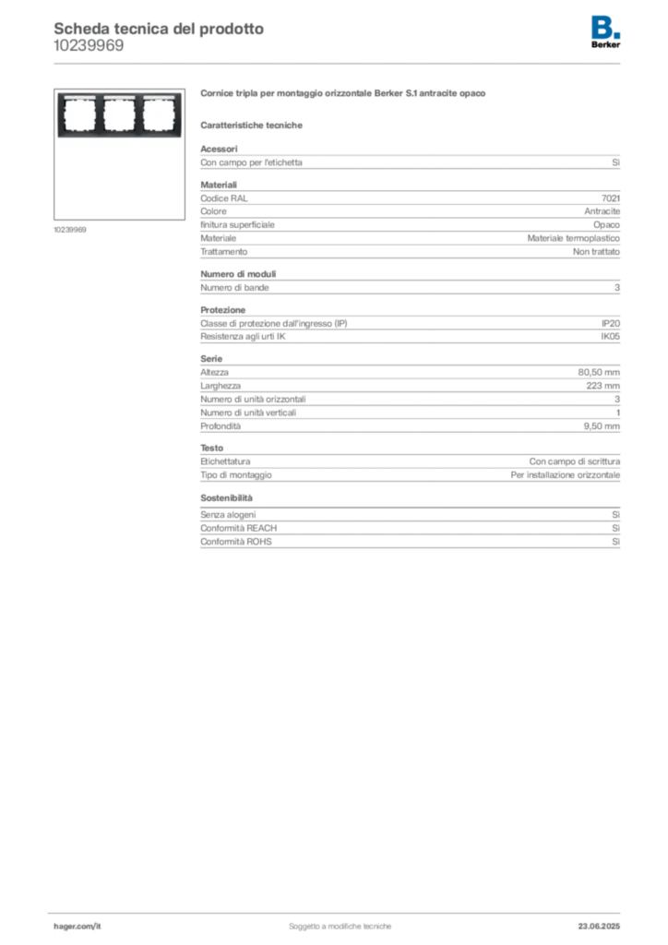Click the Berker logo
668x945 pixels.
coord(605,32)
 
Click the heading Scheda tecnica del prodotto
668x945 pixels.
coord(159,29)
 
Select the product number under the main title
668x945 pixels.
coord(89,46)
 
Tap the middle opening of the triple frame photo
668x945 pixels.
coord(119,114)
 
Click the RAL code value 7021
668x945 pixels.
coord(610,198)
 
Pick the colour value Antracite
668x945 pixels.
coord(602,211)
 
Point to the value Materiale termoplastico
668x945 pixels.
coord(574,239)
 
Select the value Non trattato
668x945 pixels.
coord(596,252)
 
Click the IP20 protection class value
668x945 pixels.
coord(610,324)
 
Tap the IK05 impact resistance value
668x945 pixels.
coord(610,337)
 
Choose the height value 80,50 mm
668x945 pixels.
coord(599,373)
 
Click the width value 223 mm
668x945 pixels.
coord(602,386)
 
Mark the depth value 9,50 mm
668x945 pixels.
coord(602,426)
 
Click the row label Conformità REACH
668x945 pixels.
coord(239,529)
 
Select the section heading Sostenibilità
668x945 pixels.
coord(226,498)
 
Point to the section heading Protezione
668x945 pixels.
coord(223,310)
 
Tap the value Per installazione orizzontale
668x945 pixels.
coord(565,475)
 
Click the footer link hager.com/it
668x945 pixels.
coord(78,927)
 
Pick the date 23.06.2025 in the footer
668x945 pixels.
coord(599,927)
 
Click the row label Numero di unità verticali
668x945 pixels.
coord(248,413)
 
